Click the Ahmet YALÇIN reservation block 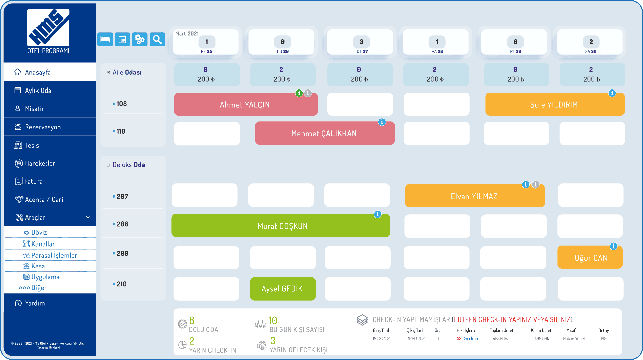[x=245, y=105]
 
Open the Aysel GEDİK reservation [x=282, y=289]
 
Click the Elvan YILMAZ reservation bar [x=474, y=196]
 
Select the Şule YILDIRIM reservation [x=554, y=105]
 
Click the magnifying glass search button [x=157, y=40]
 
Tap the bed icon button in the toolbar [x=105, y=40]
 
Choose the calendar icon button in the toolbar [x=122, y=40]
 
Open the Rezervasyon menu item [x=43, y=127]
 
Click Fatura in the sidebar [x=34, y=181]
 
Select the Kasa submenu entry [x=38, y=266]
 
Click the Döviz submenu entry [x=39, y=232]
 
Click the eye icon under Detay [x=603, y=339]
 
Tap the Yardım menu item [x=34, y=303]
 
